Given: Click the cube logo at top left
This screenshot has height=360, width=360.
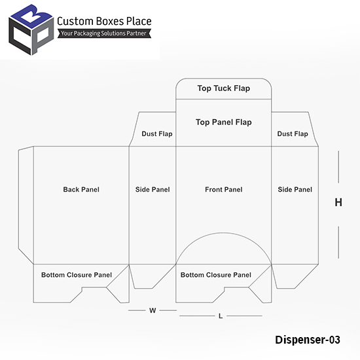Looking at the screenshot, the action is pyautogui.click(x=31, y=30).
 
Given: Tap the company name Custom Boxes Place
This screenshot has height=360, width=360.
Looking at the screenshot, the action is pyautogui.click(x=104, y=21).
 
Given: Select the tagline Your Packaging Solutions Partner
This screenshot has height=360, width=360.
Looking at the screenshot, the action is pyautogui.click(x=104, y=33).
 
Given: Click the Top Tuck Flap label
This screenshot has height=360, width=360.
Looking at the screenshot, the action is pyautogui.click(x=224, y=88).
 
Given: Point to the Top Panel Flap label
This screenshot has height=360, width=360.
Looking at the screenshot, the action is pyautogui.click(x=224, y=122).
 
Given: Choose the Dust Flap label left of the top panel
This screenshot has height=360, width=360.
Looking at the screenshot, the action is pyautogui.click(x=157, y=134).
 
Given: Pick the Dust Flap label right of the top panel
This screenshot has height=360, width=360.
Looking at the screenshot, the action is pyautogui.click(x=293, y=134).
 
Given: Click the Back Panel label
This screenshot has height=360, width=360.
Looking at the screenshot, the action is pyautogui.click(x=81, y=189).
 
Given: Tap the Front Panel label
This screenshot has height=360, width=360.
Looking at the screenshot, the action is pyautogui.click(x=224, y=189).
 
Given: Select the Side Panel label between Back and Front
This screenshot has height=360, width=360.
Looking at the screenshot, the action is pyautogui.click(x=153, y=189).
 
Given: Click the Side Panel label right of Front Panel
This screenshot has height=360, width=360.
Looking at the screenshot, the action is pyautogui.click(x=295, y=189).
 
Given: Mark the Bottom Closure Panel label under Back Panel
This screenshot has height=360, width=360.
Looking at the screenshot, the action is pyautogui.click(x=77, y=275).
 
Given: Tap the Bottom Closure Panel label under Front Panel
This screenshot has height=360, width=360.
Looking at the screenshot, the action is pyautogui.click(x=216, y=275).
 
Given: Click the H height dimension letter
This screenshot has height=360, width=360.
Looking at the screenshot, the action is pyautogui.click(x=338, y=202).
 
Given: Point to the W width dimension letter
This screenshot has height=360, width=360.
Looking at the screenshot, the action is pyautogui.click(x=153, y=310).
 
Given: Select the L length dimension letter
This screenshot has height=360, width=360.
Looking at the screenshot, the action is pyautogui.click(x=221, y=316).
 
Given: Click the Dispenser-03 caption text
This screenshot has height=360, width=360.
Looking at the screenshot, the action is pyautogui.click(x=308, y=340).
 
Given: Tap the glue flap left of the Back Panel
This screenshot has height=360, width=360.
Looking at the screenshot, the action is pyautogui.click(x=26, y=204).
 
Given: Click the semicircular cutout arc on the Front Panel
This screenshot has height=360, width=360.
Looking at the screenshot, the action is pyautogui.click(x=223, y=233).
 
